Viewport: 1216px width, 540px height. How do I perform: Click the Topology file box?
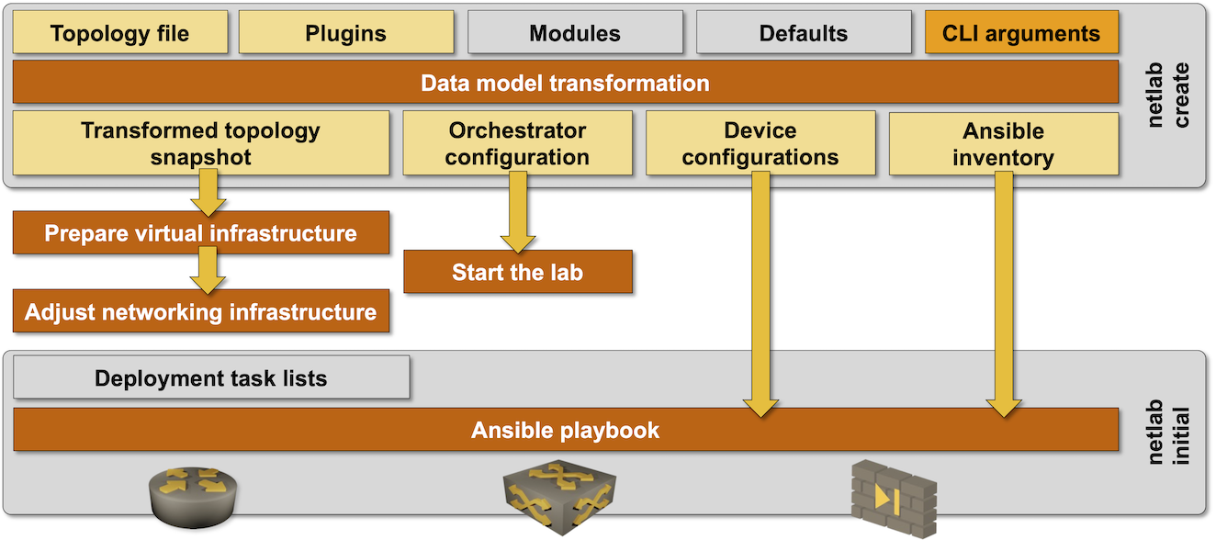[119, 33]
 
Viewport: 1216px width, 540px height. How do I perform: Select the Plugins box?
[345, 33]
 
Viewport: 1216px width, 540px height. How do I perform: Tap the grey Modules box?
[575, 33]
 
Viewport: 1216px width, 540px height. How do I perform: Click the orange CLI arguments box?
[1020, 33]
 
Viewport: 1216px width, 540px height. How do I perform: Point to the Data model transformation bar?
[565, 83]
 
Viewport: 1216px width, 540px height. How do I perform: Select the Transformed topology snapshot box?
[200, 143]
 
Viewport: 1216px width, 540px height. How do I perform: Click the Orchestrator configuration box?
[517, 143]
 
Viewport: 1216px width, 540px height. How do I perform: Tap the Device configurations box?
[760, 143]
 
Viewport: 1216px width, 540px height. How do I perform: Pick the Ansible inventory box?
[1003, 143]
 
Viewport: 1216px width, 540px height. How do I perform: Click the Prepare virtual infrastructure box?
[200, 232]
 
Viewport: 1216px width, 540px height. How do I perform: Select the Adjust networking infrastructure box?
[200, 311]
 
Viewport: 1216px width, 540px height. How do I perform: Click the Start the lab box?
[517, 272]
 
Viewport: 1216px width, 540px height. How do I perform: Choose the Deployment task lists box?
[210, 377]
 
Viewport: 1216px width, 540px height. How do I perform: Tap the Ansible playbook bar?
[565, 430]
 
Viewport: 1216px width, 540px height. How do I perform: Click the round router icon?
[187, 500]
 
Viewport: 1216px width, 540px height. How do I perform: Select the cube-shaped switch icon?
[559, 500]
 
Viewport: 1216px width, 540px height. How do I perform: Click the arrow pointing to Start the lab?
[517, 212]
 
